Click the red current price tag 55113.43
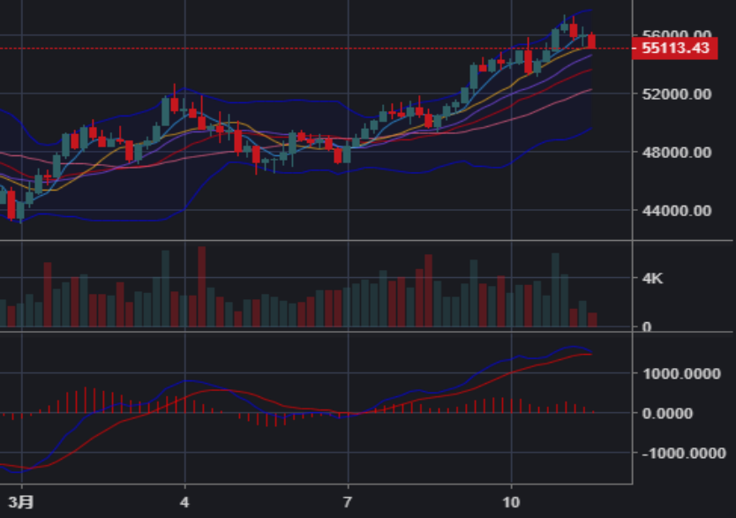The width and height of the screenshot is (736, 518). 675,49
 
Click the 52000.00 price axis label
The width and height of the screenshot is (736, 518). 676,94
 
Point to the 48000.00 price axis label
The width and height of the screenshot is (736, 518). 676,152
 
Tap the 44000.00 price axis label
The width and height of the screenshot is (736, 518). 676,210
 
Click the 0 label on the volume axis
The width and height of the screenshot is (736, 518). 646,327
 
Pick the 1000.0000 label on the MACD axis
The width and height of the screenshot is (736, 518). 681,373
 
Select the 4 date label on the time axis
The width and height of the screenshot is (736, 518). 184,501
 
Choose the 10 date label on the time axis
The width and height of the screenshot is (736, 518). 511,501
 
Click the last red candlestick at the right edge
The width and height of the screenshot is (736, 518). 592,41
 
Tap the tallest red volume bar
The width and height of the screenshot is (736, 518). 202,287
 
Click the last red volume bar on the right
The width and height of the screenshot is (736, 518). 592,319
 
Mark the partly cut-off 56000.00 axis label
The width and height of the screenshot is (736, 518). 676,35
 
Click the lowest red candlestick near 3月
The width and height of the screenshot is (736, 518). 11,205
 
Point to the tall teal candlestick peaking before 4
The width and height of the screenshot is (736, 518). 165,111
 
